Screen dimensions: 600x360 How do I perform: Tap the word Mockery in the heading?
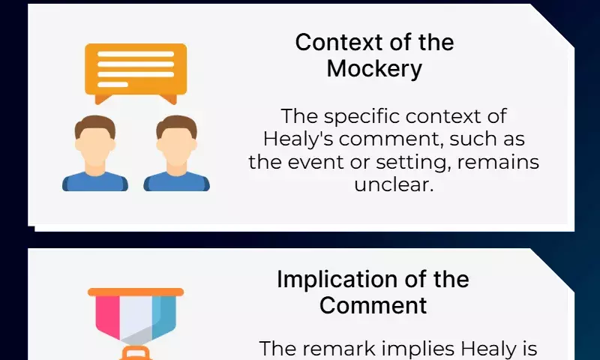(374, 69)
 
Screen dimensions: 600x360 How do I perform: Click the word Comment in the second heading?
(373, 306)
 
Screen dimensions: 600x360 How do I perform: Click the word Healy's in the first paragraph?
(298, 139)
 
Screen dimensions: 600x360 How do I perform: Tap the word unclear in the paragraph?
(393, 184)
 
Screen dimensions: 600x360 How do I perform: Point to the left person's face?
(95, 145)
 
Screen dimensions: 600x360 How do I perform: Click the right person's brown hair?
(176, 125)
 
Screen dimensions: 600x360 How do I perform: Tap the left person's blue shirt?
(95, 181)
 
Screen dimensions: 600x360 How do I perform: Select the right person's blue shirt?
(176, 181)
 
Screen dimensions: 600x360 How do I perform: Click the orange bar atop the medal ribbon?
(136, 292)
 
